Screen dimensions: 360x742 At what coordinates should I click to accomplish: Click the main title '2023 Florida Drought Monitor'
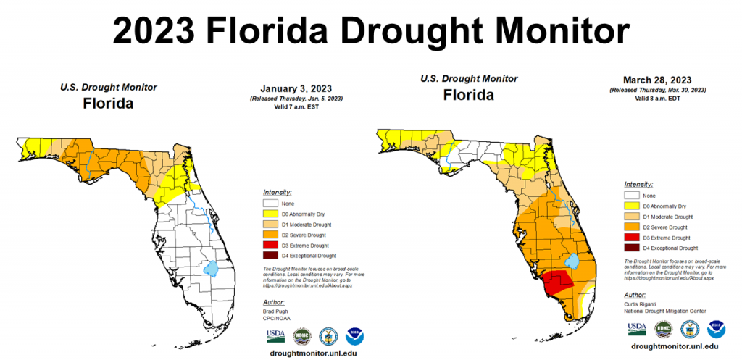(x=370, y=30)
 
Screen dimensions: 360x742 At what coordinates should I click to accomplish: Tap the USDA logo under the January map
(x=275, y=335)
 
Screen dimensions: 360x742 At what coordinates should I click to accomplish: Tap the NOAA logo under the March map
(x=716, y=328)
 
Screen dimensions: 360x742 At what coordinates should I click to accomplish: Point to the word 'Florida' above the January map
(x=109, y=103)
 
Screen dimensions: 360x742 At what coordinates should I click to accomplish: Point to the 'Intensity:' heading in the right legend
(x=638, y=185)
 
